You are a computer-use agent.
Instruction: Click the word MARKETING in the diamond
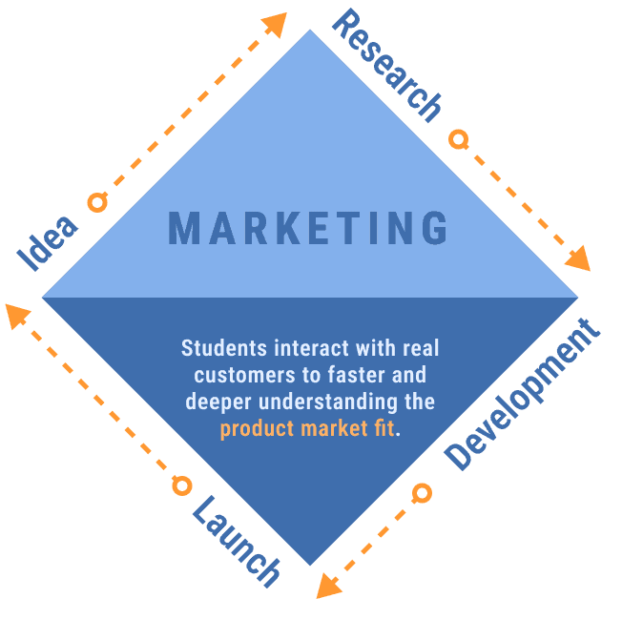point(307,229)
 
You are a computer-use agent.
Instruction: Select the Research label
point(386,67)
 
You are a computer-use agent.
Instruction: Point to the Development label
point(525,397)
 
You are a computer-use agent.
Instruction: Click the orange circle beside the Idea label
point(95,202)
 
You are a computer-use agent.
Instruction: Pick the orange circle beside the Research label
point(459,140)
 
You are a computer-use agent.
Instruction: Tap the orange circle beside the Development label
point(422,493)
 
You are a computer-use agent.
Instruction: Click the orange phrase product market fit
point(306,428)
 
